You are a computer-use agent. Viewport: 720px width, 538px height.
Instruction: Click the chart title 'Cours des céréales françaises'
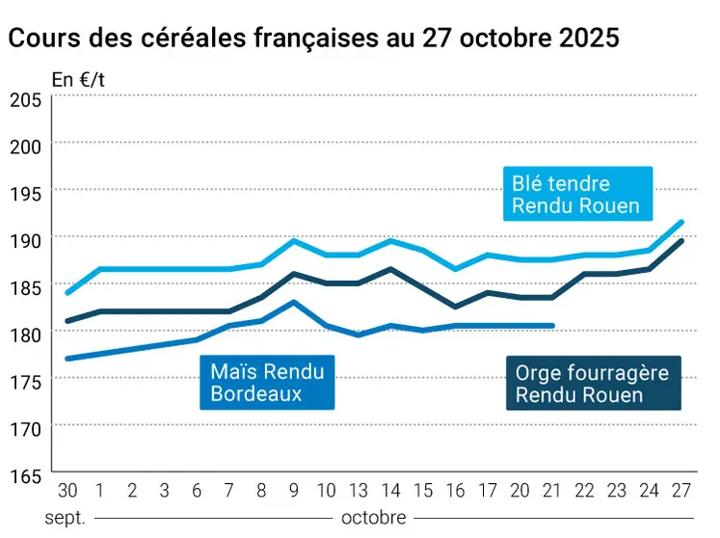(x=313, y=39)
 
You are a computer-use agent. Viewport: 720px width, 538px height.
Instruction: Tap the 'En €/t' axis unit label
(x=78, y=80)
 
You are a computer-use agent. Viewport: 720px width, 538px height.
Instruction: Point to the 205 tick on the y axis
(x=25, y=99)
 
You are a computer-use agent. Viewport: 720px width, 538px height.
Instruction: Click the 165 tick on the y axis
(x=25, y=475)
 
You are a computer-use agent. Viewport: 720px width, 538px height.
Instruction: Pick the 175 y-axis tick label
(x=25, y=381)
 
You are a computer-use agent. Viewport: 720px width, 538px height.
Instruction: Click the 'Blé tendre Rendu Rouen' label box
(x=576, y=194)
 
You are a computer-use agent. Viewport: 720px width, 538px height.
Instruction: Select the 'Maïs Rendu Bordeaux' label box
(x=267, y=382)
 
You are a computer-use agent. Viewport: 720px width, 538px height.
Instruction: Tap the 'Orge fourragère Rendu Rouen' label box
(x=592, y=383)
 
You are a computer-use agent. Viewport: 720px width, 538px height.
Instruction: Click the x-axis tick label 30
(x=67, y=490)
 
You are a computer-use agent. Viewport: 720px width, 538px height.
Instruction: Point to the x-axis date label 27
(x=681, y=490)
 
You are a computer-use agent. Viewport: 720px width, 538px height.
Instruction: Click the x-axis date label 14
(x=392, y=490)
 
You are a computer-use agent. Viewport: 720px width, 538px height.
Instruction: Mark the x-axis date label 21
(x=551, y=490)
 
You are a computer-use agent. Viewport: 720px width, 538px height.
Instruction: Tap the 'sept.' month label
(x=66, y=518)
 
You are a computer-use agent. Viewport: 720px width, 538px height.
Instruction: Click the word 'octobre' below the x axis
(x=374, y=518)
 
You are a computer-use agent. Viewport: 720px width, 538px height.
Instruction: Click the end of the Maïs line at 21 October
(x=553, y=326)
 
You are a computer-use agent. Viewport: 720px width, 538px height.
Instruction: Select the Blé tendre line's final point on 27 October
(x=682, y=222)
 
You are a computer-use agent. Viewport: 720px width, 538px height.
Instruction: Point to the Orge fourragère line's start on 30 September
(x=67, y=321)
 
